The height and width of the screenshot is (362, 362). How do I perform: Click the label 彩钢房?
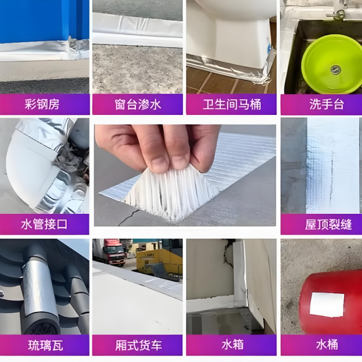(x=45, y=104)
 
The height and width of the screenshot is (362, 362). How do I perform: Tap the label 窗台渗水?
(x=138, y=104)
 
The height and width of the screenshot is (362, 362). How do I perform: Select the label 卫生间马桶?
(x=232, y=104)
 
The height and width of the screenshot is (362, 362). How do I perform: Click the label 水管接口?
(x=44, y=224)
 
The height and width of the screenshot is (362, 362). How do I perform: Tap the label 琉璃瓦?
(x=45, y=345)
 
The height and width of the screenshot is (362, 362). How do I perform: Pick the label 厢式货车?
(x=138, y=345)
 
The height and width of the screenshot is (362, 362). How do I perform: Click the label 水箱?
(x=232, y=345)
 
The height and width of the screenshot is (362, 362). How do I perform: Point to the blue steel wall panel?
(x=43, y=22)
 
